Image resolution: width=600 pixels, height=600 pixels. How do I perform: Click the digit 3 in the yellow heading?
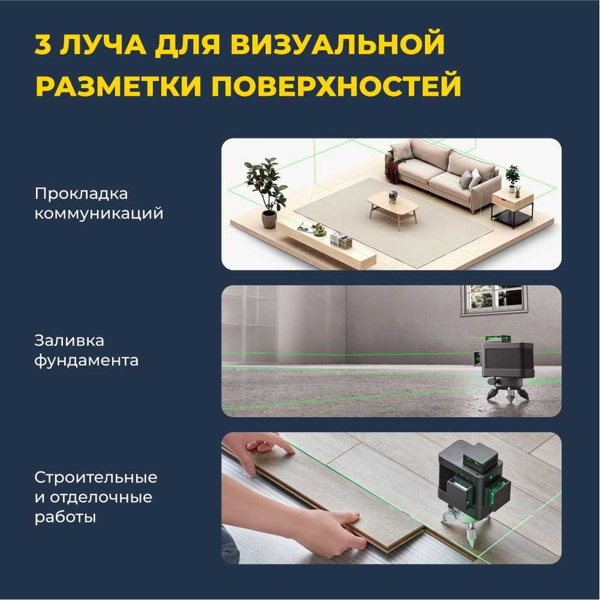[43, 45]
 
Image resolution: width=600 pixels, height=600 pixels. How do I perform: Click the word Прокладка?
[81, 194]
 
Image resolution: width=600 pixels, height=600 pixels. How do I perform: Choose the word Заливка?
[69, 341]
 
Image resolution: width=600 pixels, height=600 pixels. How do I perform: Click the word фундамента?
[86, 361]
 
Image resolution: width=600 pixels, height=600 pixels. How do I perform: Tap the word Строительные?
[95, 478]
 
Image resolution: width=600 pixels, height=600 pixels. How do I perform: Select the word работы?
[65, 518]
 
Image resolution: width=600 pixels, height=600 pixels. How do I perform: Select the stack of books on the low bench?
[341, 241]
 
